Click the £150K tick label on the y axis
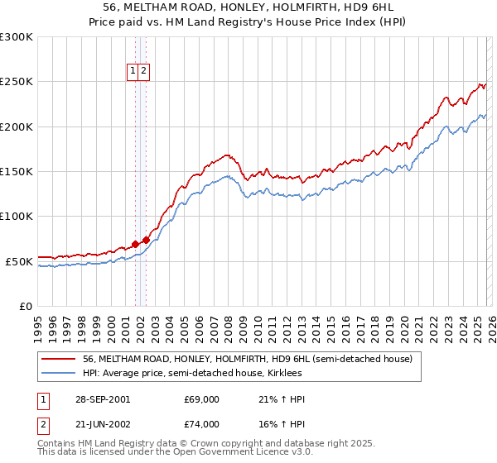(17, 172)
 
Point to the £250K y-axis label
(17, 83)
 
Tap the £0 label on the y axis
(25, 307)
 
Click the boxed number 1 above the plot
(133, 72)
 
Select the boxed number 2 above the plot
(143, 72)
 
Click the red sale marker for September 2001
(136, 244)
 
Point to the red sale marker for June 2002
(147, 240)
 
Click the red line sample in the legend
(59, 360)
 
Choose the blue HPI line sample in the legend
(59, 374)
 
